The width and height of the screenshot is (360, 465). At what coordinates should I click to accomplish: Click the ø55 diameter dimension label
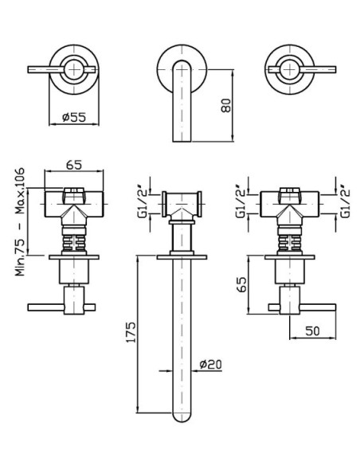74,117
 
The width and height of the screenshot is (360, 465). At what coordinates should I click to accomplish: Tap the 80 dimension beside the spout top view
226,105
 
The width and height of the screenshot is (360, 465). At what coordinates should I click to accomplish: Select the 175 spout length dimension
131,331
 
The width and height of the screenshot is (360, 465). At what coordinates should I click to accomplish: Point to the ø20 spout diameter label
210,364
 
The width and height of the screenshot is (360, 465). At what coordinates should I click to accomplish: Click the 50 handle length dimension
312,330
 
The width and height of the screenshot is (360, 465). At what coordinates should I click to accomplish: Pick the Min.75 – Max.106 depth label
20,222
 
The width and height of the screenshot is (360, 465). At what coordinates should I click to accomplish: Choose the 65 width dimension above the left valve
74,165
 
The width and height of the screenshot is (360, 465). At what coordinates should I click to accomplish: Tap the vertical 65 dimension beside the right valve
242,285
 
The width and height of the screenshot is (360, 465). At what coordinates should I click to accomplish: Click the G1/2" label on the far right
345,201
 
